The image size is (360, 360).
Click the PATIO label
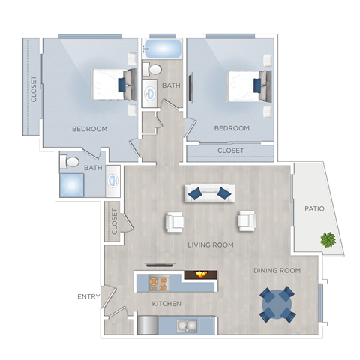coord(314,208)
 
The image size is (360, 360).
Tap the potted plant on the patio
coord(328,240)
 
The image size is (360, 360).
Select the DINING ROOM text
coord(277,270)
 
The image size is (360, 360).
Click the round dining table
coord(277,303)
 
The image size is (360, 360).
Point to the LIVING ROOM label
coord(211,244)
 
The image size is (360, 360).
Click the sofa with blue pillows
coord(209,193)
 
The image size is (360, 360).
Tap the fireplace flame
coord(200,274)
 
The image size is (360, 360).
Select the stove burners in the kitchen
coord(158,283)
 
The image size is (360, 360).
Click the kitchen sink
coord(187,325)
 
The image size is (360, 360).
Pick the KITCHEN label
coord(166,304)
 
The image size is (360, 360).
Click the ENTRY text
coord(88,297)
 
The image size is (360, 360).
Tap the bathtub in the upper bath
coord(161,49)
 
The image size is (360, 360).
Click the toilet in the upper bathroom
coord(154,70)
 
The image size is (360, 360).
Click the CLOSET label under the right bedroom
coord(231,151)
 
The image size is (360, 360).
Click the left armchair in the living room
coord(174,220)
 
